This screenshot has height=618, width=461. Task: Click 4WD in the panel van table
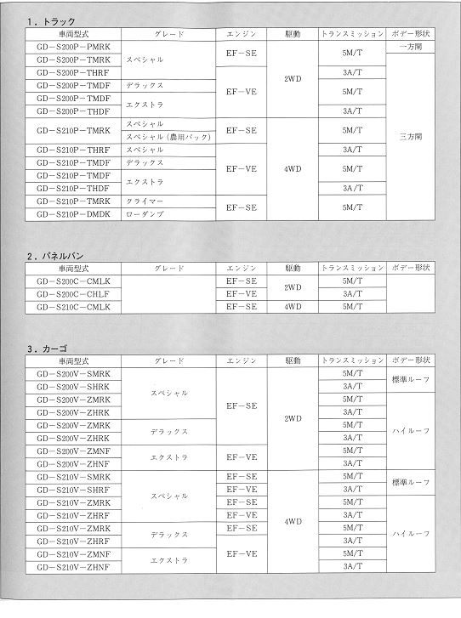click(293, 307)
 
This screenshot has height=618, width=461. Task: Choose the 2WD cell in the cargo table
click(293, 418)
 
